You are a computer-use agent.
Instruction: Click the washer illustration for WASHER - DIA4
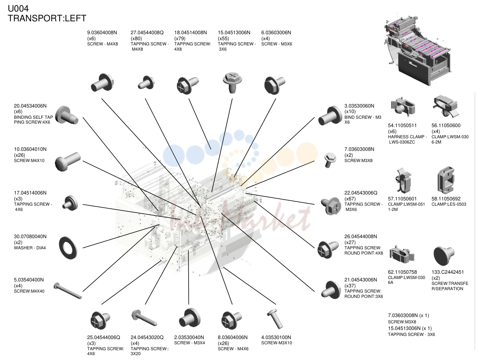coord(68,248)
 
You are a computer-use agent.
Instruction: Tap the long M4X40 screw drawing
coord(68,291)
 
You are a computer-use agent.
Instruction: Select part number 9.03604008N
coord(102,32)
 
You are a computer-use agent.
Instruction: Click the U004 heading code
coord(18,9)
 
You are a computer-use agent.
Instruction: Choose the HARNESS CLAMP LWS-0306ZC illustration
coord(403,106)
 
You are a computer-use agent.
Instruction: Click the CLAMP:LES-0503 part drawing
coord(446,180)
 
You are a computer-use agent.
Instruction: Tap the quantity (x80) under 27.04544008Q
coord(136,38)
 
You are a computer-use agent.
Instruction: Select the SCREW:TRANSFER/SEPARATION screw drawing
coord(444,256)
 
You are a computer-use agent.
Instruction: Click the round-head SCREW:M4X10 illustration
coord(68,161)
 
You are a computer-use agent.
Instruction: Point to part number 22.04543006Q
coord(360,193)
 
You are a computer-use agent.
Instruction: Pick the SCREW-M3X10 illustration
coord(275,319)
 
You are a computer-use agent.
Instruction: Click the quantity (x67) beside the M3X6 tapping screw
coord(350,199)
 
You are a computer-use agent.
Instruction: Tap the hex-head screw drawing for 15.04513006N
coord(232,83)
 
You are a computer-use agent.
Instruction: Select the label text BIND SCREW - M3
coord(363,117)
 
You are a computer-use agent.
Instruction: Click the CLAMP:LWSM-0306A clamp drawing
coord(402,254)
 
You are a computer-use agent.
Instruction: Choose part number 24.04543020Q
coord(147,337)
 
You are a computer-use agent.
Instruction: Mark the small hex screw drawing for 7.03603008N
coord(330,160)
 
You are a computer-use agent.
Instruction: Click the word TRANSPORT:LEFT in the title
coord(47,18)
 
